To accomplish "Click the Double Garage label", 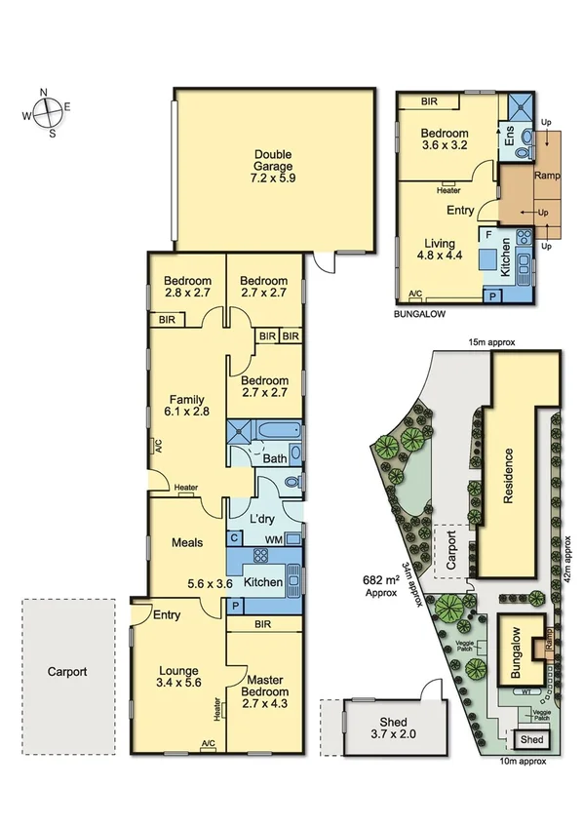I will pyautogui.click(x=273, y=167).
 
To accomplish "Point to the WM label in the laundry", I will pyautogui.click(x=273, y=537).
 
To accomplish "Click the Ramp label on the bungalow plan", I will pyautogui.click(x=545, y=176).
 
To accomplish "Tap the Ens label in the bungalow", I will pyautogui.click(x=507, y=135).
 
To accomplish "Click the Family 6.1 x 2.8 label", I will pyautogui.click(x=186, y=407).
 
